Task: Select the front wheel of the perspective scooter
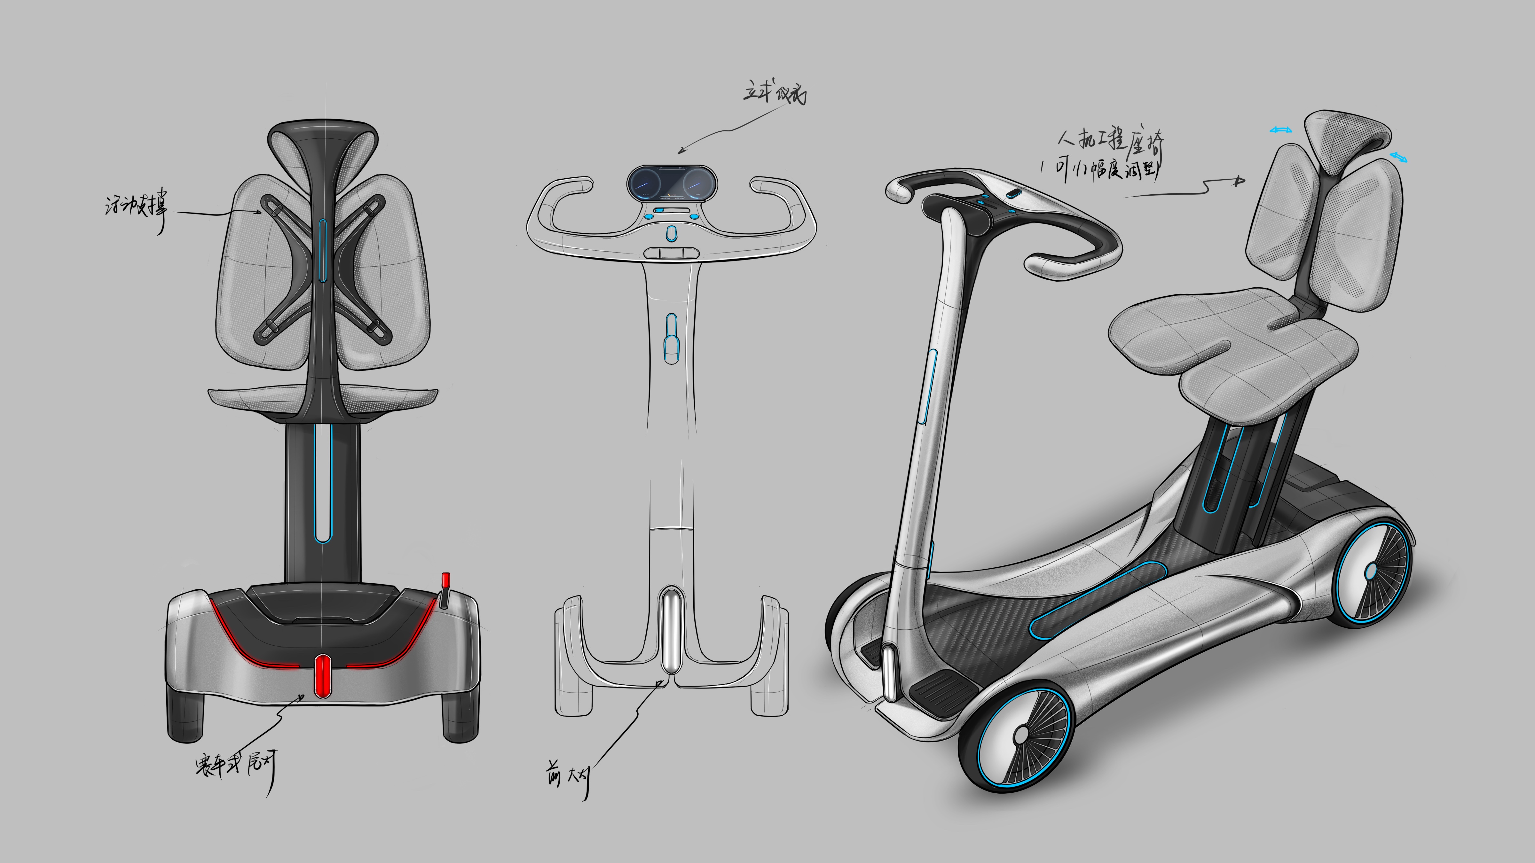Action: point(1019,736)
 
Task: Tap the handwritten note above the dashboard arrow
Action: point(775,94)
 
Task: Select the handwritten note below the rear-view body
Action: point(235,765)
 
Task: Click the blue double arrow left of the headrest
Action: point(1280,130)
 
